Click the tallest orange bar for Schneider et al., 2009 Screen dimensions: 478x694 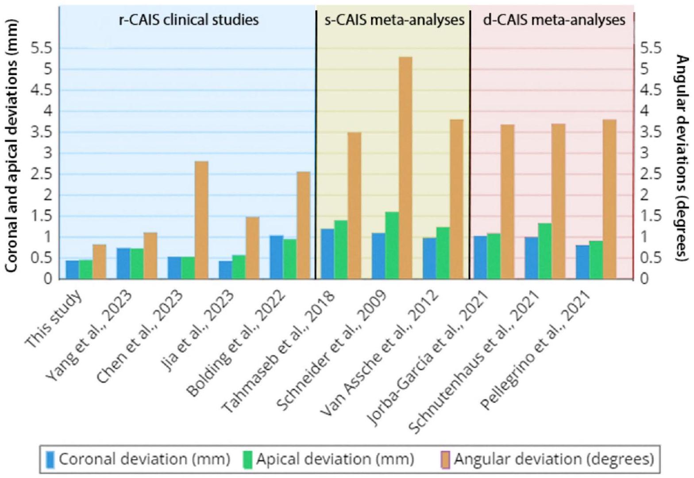pos(405,168)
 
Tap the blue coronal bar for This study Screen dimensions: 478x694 pos(73,270)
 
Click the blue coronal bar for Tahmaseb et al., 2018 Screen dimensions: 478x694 pos(328,254)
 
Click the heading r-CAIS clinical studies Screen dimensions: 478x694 pos(189,20)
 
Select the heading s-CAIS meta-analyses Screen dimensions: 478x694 pos(394,20)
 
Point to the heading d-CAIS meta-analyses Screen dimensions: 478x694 pos(554,20)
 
